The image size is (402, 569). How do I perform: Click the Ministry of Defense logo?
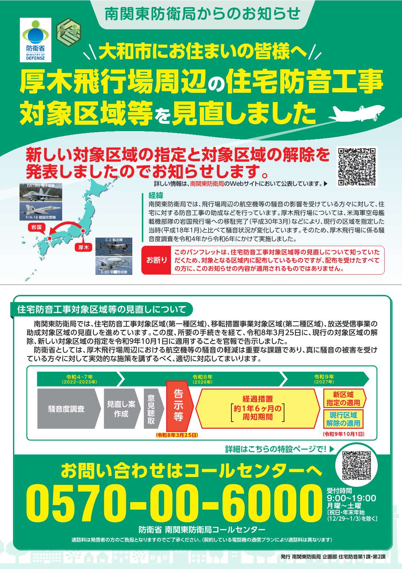[35, 40]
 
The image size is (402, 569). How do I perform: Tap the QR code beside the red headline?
[356, 167]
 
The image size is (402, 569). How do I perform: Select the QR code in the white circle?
[356, 466]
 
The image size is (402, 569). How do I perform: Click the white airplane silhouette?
[356, 113]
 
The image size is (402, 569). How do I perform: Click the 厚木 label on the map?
[84, 247]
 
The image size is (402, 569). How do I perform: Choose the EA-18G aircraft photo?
[41, 192]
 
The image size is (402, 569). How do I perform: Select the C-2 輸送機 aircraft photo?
[114, 247]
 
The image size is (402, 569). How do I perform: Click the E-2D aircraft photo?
[114, 265]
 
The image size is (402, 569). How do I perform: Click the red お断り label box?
[156, 260]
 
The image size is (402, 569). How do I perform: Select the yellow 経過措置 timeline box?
[258, 408]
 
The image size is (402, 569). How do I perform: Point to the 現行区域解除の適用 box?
[343, 419]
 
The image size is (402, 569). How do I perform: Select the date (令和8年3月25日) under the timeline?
[177, 435]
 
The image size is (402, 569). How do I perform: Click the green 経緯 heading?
[156, 196]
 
